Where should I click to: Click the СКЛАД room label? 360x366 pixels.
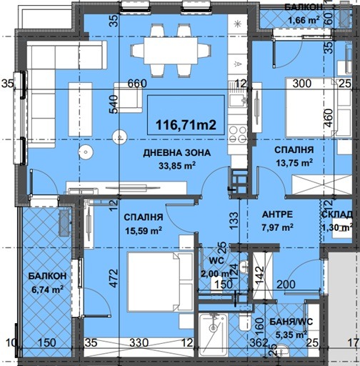pyautogui.click(x=337, y=215)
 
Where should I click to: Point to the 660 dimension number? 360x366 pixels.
pyautogui.click(x=137, y=83)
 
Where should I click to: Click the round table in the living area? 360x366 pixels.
pyautogui.click(x=87, y=152)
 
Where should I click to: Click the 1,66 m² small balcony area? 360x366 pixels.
pyautogui.click(x=302, y=19)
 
